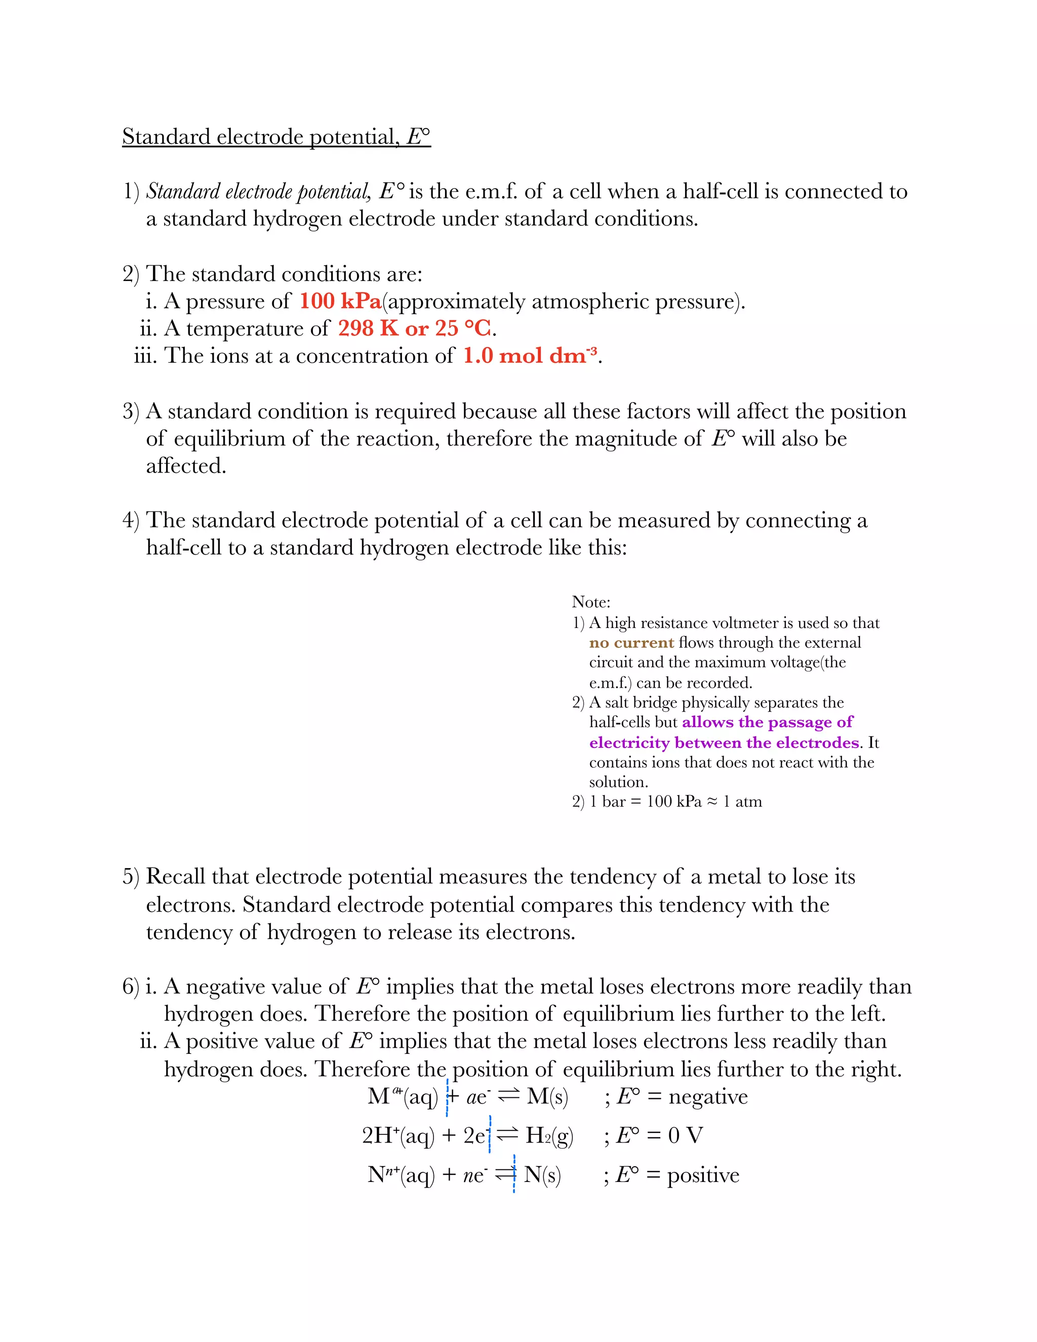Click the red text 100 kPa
click(340, 301)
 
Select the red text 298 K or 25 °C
click(415, 328)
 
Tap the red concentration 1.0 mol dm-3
click(530, 356)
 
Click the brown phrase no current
click(631, 643)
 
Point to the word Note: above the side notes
click(590, 602)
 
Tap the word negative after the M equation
click(708, 1097)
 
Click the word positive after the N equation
click(703, 1175)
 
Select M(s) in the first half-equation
click(547, 1097)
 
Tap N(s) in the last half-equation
click(542, 1175)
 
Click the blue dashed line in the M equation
click(447, 1097)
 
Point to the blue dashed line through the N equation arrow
click(513, 1174)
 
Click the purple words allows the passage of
click(767, 722)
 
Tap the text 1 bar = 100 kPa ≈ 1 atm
click(675, 802)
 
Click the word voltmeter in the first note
click(748, 623)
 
